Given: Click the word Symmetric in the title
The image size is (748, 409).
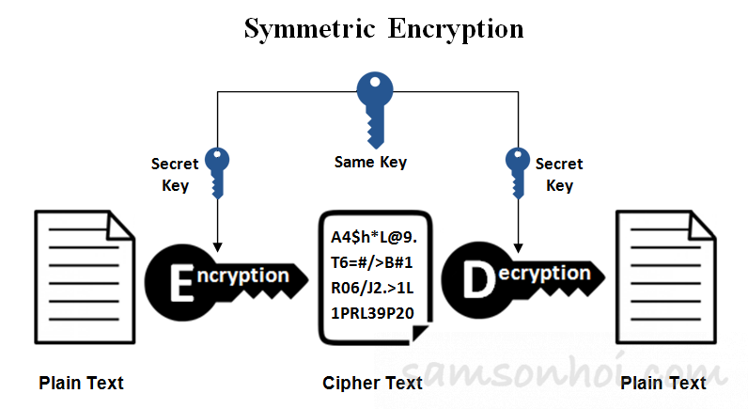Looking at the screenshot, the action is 309,28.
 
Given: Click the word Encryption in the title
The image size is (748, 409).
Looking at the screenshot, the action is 456,28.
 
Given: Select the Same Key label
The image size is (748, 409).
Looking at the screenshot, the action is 370,163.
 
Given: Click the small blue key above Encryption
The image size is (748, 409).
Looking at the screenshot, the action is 217,173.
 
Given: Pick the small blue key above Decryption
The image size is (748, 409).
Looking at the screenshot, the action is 518,173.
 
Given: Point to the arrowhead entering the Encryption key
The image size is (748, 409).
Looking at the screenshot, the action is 217,247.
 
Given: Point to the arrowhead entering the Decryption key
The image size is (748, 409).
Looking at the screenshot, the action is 518,248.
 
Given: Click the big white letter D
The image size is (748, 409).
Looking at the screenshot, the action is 478,280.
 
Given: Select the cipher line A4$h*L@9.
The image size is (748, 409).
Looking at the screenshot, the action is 374,237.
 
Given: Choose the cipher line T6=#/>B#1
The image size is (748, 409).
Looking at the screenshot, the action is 371,262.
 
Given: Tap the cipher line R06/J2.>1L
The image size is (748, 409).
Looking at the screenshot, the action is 372,289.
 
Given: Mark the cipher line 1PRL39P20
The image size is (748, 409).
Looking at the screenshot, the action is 372,313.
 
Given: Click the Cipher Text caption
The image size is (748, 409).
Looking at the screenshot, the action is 372,383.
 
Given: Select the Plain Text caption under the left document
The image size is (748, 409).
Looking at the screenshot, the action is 81,383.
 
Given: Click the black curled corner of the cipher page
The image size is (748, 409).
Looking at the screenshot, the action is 419,332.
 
